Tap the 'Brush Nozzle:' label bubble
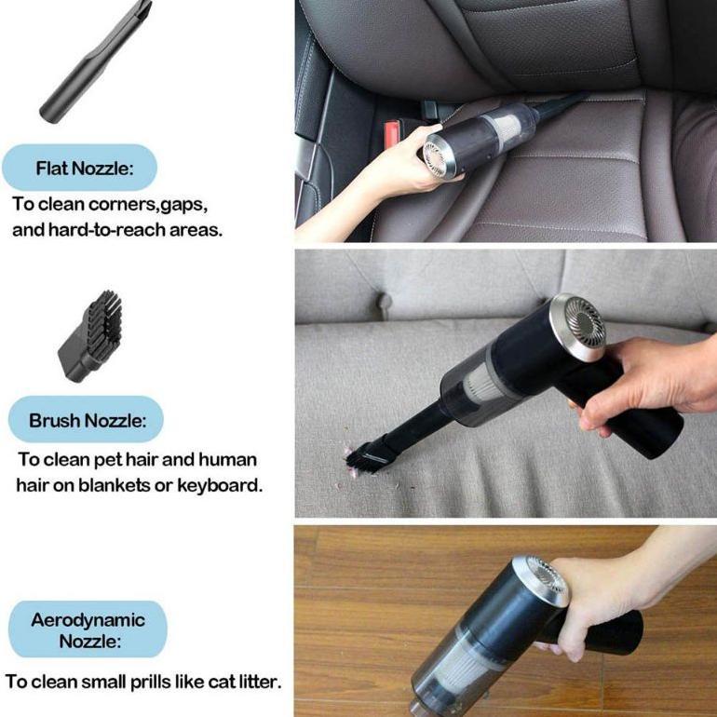87,420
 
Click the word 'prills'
162,682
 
